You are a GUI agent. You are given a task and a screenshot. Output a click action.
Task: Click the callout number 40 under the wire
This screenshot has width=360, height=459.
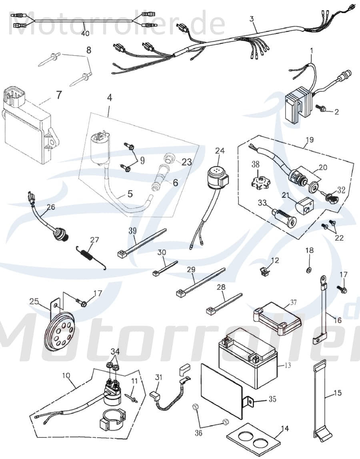(85, 34)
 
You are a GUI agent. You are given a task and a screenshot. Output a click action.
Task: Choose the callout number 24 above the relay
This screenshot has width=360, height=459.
(220, 151)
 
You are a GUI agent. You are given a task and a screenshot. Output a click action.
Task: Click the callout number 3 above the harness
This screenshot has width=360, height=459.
(251, 18)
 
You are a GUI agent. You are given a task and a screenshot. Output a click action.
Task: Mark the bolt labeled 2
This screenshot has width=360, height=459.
(320, 108)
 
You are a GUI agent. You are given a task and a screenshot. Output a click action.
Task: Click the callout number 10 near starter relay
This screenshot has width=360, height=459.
(66, 376)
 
